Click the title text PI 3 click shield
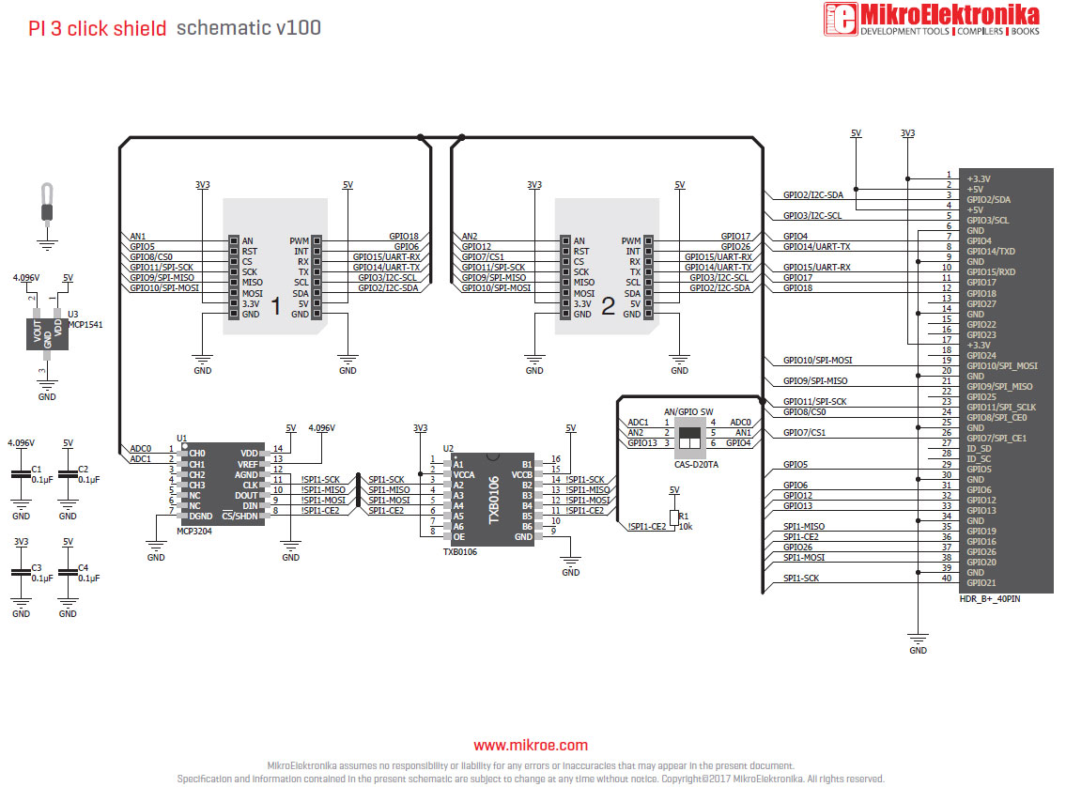pyautogui.click(x=98, y=28)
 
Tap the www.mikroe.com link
pyautogui.click(x=531, y=746)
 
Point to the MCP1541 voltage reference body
pyautogui.click(x=47, y=333)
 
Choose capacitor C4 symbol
pyautogui.click(x=68, y=575)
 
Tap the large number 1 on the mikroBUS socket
pyautogui.click(x=275, y=306)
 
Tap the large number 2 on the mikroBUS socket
pyautogui.click(x=608, y=306)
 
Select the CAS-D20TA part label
pyautogui.click(x=695, y=464)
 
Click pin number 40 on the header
pyautogui.click(x=947, y=578)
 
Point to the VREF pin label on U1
pyautogui.click(x=247, y=464)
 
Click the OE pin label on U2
pyautogui.click(x=458, y=536)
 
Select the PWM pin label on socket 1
pyautogui.click(x=299, y=241)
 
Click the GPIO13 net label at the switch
pyautogui.click(x=642, y=442)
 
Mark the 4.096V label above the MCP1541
pyautogui.click(x=26, y=278)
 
